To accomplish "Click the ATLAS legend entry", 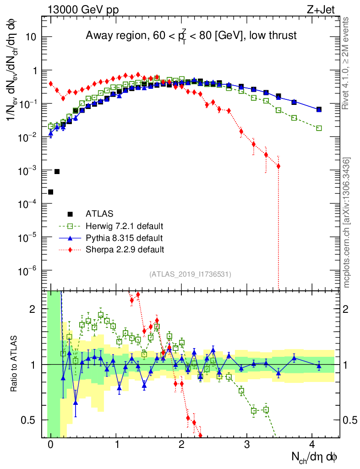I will pos(99,213).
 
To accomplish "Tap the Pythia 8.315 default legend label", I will pos(124,238).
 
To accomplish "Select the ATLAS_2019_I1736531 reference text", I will pos(190,274).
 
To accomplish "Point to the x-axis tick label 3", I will pos(247,445).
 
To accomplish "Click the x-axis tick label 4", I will pos(312,445).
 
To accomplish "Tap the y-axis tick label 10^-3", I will pos(28,170).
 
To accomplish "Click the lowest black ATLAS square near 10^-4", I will pos(50,192).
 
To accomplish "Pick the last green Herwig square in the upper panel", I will pos(319,128).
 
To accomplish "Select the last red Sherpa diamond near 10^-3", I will pos(278,166).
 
